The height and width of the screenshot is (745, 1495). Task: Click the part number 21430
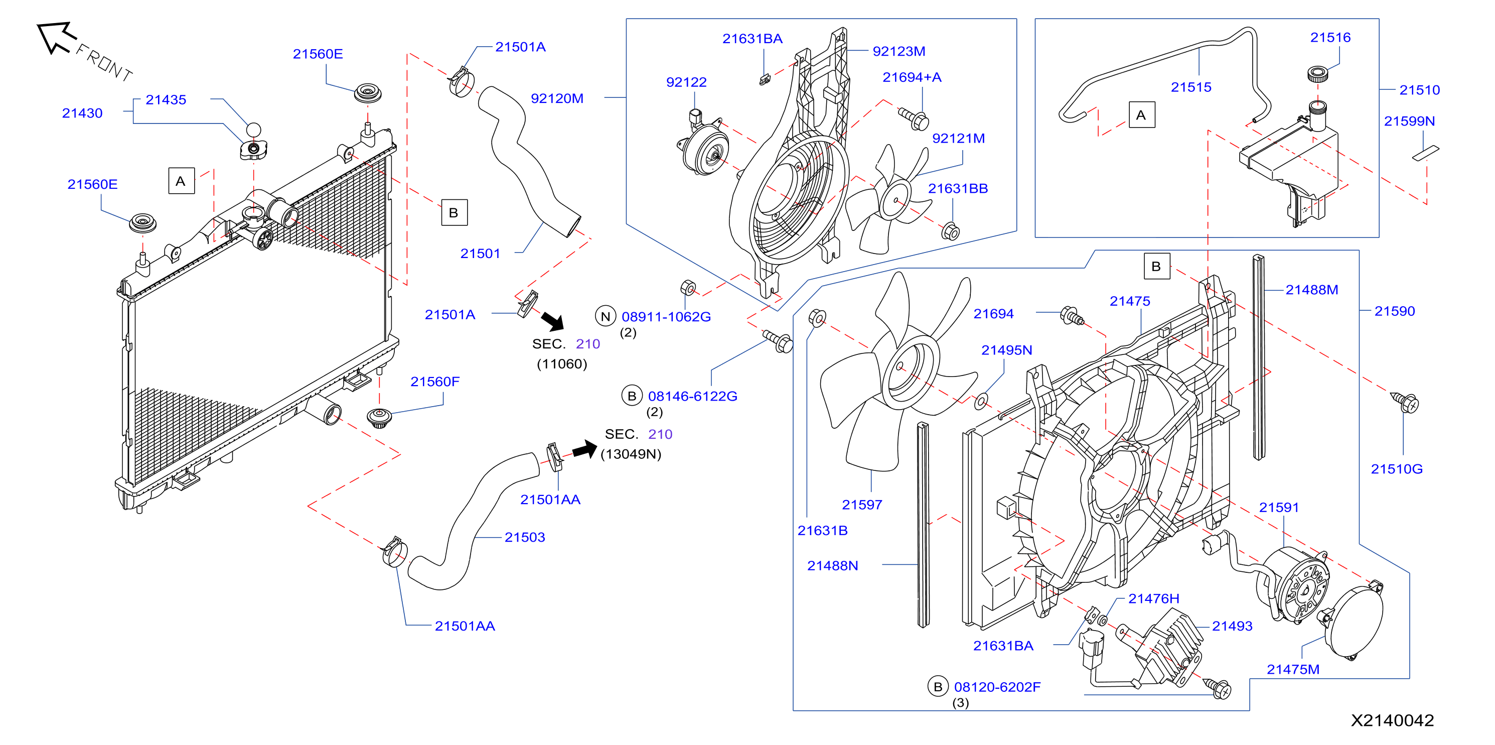coord(82,113)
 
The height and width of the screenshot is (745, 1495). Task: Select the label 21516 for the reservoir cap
coord(1329,38)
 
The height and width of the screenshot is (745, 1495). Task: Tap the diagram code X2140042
coord(1392,720)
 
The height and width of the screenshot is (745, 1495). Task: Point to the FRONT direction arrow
coord(56,37)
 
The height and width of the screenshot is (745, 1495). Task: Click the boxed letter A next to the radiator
coord(181,181)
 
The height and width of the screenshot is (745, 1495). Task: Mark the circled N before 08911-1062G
coord(606,316)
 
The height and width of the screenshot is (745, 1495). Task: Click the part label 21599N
coord(1409,121)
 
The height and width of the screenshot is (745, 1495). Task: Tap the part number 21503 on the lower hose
coord(525,537)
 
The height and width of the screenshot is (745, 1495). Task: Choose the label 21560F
coord(434,382)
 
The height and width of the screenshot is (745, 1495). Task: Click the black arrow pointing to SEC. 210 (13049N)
coord(584,449)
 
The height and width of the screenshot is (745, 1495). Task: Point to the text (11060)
coord(562,364)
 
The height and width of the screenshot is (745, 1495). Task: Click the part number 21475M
coord(1292,670)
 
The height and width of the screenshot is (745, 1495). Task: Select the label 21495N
coord(1006,350)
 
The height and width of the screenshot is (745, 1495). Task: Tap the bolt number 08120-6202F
coord(997,687)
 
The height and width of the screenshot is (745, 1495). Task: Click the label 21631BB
coord(958,189)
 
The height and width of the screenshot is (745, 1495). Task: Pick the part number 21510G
coord(1396,469)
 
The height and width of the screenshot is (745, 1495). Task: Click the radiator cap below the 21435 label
coord(254,149)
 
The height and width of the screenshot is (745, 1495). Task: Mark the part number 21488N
coord(832,566)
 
